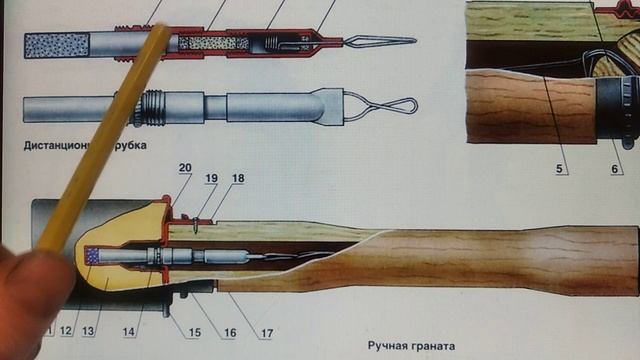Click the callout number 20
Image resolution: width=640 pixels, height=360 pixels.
183,167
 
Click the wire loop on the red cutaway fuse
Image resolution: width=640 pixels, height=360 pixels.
385,42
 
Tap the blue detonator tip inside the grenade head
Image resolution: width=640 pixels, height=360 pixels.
93,256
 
